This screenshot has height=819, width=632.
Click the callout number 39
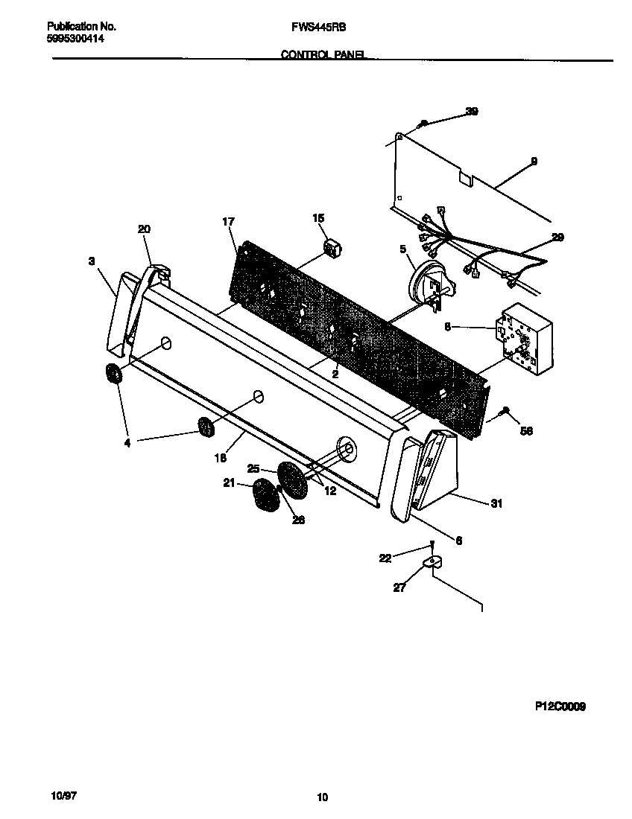coord(471,112)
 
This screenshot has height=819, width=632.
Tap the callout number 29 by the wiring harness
coord(557,238)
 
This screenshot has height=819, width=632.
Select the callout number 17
coord(228,222)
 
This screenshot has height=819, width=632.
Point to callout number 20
coord(144,229)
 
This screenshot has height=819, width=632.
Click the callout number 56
coord(526,431)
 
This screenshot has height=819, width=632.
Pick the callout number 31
coord(496,504)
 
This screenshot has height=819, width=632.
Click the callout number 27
coord(399,587)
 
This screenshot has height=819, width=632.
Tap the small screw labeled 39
coord(423,123)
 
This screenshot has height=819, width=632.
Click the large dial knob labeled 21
coord(263,495)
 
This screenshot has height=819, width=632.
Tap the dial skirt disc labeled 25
coord(292,480)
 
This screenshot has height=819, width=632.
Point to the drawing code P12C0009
coord(560,707)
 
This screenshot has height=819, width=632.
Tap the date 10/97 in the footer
coord(64,796)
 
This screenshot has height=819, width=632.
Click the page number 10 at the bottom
coord(322,797)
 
